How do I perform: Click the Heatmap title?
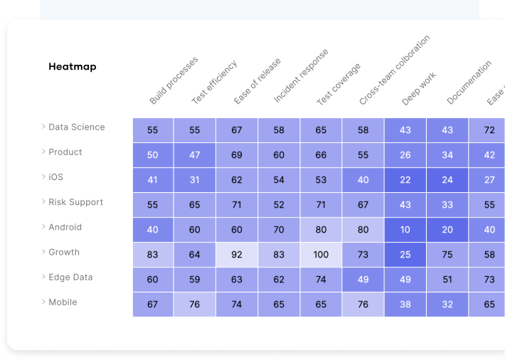click(72, 67)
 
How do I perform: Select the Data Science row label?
click(76, 127)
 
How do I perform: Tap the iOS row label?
click(55, 177)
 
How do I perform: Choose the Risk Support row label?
click(75, 202)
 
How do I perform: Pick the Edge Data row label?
click(70, 277)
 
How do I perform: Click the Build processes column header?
click(174, 80)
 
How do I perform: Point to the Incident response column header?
click(301, 76)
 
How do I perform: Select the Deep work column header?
click(419, 89)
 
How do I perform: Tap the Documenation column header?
click(469, 83)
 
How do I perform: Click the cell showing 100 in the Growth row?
click(321, 255)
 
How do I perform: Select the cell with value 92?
click(237, 255)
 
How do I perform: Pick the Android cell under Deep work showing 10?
click(405, 230)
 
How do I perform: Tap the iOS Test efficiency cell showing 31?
click(195, 180)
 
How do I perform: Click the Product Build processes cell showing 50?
click(153, 155)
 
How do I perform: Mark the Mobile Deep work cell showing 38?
click(405, 305)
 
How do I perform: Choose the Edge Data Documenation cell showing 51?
click(447, 280)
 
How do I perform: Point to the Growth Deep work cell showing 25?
click(405, 255)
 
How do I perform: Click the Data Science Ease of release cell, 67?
click(237, 130)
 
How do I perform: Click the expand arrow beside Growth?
click(43, 253)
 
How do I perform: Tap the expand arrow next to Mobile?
click(43, 302)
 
